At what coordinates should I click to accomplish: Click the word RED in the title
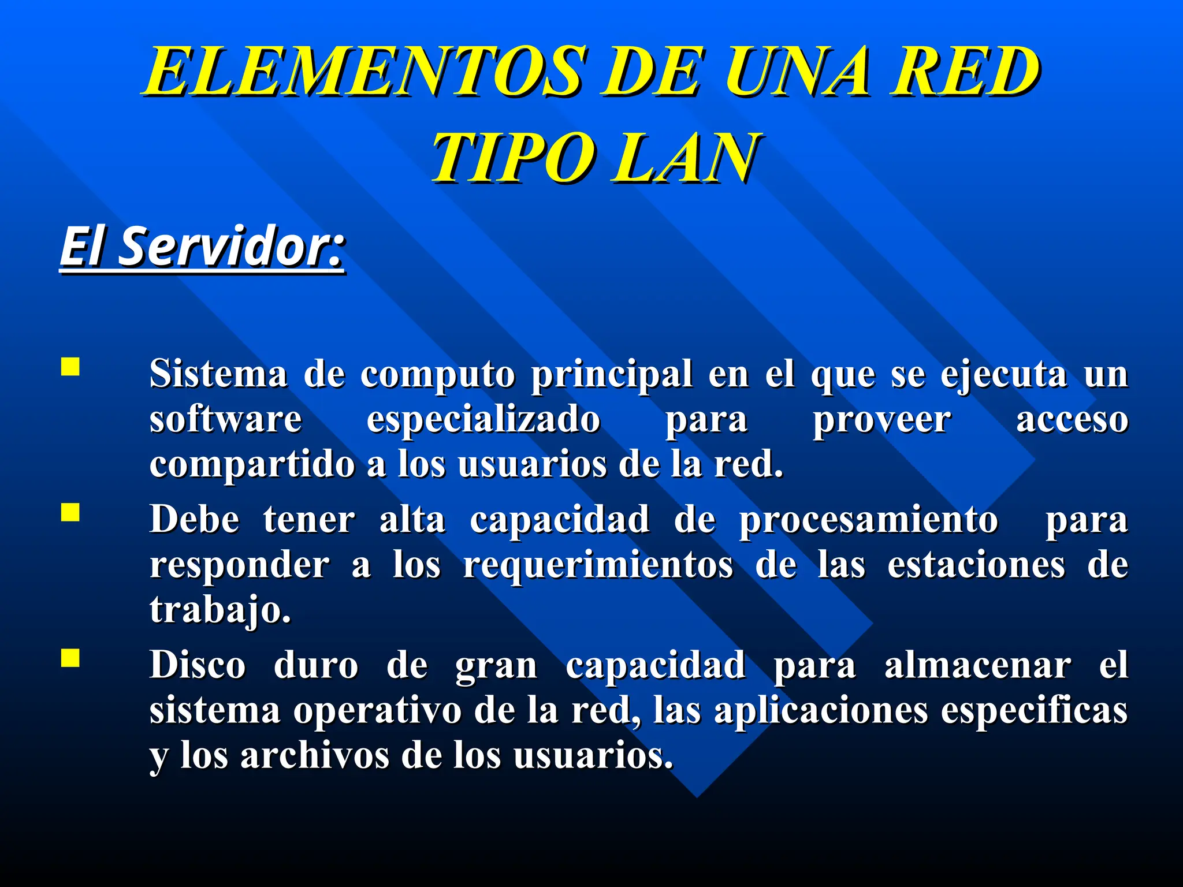965,72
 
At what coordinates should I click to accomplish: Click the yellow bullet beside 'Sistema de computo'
70,367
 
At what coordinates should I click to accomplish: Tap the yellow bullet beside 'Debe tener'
70,512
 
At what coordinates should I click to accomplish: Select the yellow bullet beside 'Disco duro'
70,658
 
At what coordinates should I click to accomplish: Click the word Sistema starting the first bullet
218,374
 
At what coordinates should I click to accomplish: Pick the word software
225,419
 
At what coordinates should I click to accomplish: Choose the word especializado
483,419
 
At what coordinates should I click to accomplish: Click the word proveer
881,420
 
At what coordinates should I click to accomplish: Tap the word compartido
252,464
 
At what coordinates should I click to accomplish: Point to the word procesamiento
869,520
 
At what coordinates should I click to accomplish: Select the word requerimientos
598,565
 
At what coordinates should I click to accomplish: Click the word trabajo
220,610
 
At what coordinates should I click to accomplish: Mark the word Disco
198,665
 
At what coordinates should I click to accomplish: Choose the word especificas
1034,711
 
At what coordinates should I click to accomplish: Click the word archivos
315,755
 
